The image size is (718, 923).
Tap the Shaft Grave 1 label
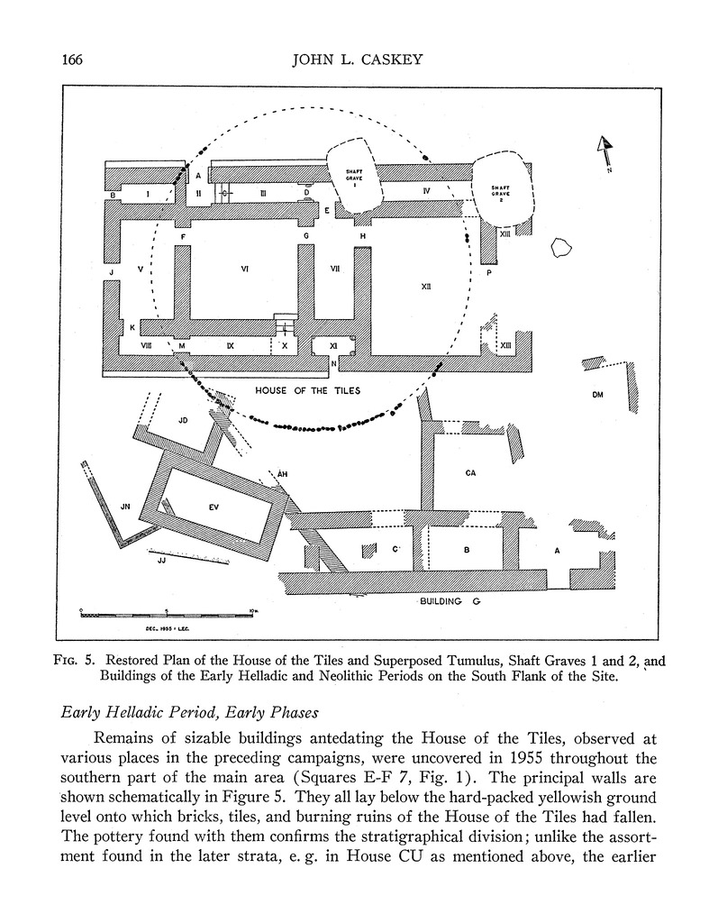tap(355, 177)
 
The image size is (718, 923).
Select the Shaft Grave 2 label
tap(500, 194)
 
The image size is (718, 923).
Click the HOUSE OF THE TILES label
tap(307, 390)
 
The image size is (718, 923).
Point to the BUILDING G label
tap(454, 601)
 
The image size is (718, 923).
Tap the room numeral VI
tap(244, 268)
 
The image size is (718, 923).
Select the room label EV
tap(214, 507)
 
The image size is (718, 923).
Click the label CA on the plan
tap(470, 472)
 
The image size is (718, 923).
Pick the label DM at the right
tap(596, 395)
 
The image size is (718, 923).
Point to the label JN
tap(126, 507)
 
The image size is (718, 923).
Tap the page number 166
tap(73, 61)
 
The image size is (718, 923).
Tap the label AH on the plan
tap(282, 473)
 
